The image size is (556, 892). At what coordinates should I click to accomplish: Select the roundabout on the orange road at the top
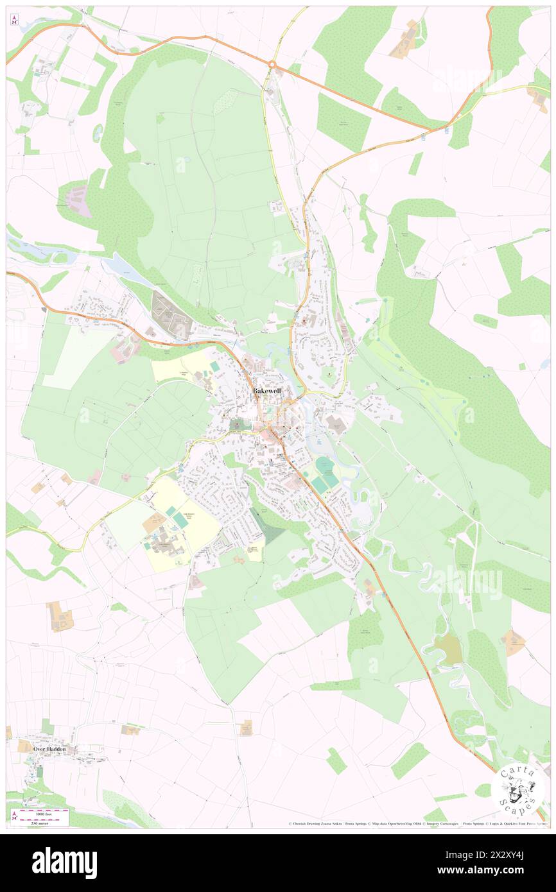(272, 64)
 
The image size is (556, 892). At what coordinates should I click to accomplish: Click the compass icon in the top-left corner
(14, 20)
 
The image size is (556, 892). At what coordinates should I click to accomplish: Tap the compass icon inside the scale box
(14, 815)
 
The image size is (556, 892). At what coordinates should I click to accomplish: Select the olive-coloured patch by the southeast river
(447, 650)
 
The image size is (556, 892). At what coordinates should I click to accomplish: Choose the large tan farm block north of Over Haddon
(60, 616)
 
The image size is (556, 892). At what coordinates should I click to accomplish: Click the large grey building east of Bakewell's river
(334, 424)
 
